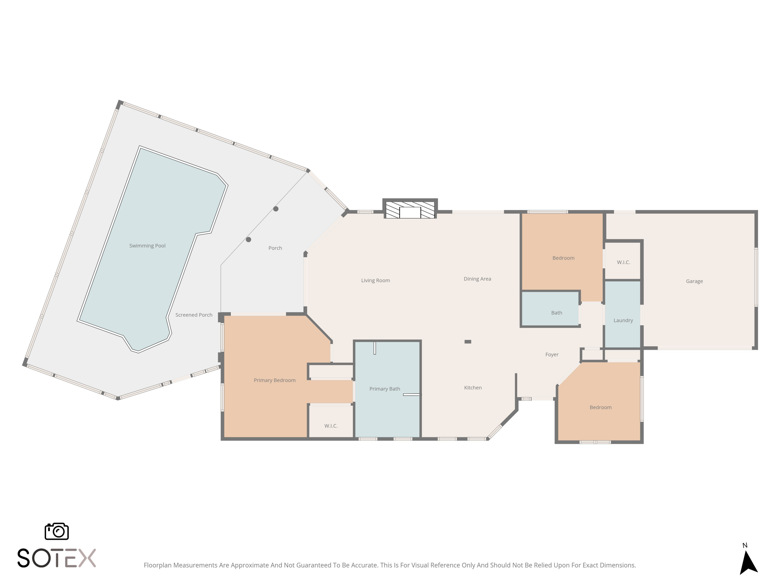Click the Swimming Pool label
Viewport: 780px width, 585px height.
click(147, 246)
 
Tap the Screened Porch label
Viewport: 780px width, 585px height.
click(194, 315)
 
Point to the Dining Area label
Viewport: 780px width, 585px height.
click(477, 279)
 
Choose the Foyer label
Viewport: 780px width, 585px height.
click(552, 355)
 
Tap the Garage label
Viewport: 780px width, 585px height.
click(694, 281)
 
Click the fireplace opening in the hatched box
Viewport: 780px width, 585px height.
click(410, 213)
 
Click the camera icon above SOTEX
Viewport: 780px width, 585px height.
click(56, 531)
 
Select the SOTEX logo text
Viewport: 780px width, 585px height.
click(56, 558)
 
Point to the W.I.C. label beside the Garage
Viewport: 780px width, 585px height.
click(623, 262)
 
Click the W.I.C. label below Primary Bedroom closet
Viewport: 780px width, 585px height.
click(331, 426)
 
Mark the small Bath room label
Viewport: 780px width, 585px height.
click(556, 313)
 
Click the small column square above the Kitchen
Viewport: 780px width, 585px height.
click(467, 342)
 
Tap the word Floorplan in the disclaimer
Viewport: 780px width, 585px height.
click(158, 565)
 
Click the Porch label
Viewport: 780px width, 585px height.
click(275, 248)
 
